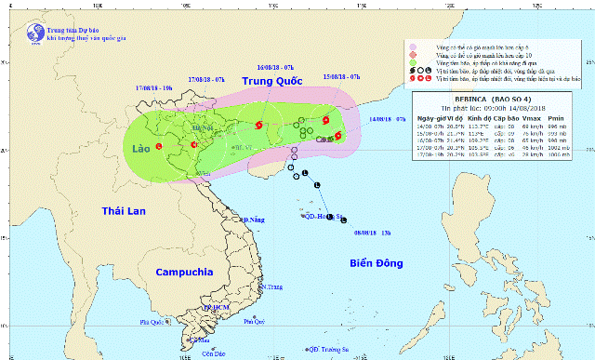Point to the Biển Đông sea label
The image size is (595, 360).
pyautogui.click(x=376, y=263)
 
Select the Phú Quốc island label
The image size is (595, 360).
pyautogui.click(x=156, y=322)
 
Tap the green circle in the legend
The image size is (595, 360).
pyautogui.click(x=412, y=67)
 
